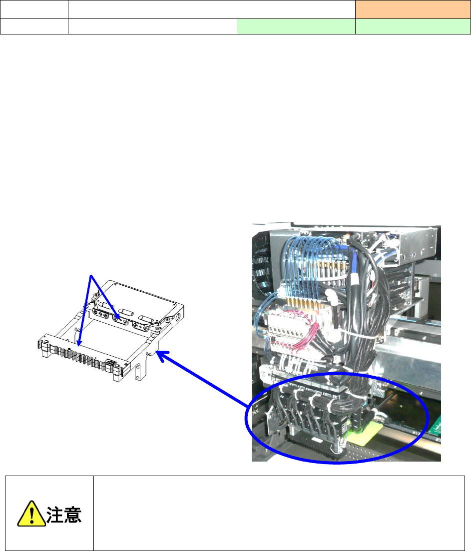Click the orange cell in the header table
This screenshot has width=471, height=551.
tap(413, 9)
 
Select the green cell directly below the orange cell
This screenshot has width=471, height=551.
tap(413, 26)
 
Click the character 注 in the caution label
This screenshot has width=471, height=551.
tap(55, 514)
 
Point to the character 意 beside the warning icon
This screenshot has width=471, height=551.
tap(73, 514)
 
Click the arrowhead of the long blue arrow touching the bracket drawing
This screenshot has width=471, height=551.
tap(159, 353)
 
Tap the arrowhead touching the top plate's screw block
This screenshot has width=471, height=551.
tap(117, 316)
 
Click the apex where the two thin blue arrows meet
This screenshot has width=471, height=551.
tap(90, 275)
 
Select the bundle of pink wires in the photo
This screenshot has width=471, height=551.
tap(295, 335)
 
